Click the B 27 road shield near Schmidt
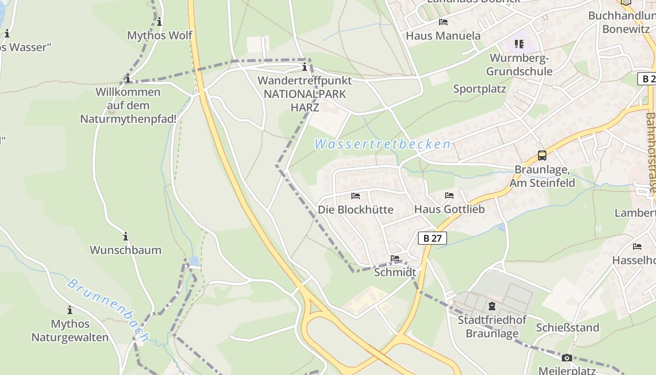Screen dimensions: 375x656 [432, 238]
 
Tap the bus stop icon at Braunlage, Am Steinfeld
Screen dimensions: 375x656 [542, 156]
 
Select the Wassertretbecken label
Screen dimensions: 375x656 [382, 144]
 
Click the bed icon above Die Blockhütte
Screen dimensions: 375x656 [356, 195]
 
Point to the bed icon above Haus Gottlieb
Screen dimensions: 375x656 [449, 195]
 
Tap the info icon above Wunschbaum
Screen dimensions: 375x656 [125, 236]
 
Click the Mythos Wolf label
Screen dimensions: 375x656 [159, 36]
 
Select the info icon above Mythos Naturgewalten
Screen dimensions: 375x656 [69, 310]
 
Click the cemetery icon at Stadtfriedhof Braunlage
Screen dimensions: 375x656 [492, 307]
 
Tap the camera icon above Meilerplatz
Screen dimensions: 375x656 [567, 358]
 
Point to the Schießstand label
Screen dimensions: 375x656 [567, 328]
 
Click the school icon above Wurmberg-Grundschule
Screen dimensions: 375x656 [519, 45]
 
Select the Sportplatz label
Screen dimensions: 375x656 [479, 89]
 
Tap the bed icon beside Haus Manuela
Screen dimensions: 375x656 [443, 22]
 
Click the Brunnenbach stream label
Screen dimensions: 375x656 [108, 310]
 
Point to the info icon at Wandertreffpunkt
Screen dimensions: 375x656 [305, 67]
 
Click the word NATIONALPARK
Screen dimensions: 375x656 [305, 94]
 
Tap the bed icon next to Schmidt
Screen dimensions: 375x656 [395, 258]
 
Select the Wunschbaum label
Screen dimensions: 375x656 [125, 250]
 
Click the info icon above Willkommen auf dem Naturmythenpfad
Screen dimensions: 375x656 [127, 79]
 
